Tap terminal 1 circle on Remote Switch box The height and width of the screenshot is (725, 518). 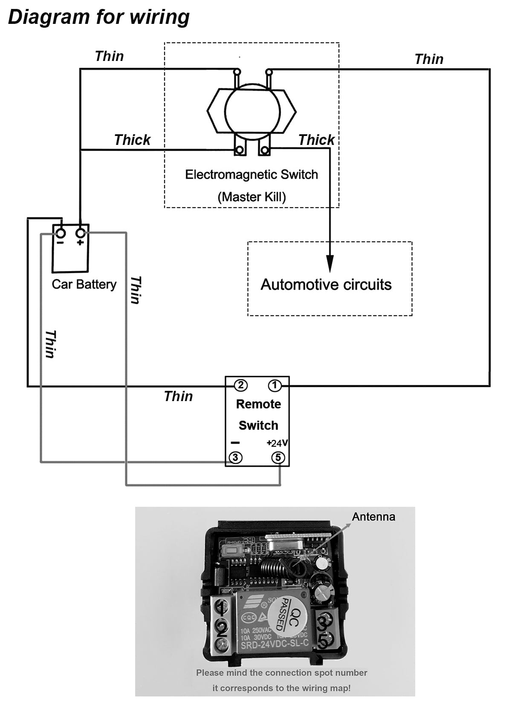point(275,386)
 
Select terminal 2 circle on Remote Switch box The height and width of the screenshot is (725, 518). point(240,386)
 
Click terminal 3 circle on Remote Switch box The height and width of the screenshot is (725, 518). point(235,458)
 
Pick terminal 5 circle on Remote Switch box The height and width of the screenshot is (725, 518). point(278,458)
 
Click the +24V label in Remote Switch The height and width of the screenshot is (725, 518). point(277,443)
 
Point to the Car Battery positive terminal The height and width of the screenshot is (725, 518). point(81,234)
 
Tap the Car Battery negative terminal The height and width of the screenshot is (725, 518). point(61,234)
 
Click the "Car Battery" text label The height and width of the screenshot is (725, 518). point(84,284)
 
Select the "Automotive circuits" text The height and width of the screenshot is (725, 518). point(326,285)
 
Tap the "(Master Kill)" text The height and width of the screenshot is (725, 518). point(252,197)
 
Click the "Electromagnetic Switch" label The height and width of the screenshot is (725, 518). point(252,175)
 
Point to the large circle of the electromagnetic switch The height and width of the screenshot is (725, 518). point(252,111)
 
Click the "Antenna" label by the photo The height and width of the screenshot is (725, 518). point(373,517)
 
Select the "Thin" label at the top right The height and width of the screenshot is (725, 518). point(429,59)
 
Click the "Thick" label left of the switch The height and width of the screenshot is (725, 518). point(132,140)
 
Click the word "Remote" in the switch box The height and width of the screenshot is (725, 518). point(258,404)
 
